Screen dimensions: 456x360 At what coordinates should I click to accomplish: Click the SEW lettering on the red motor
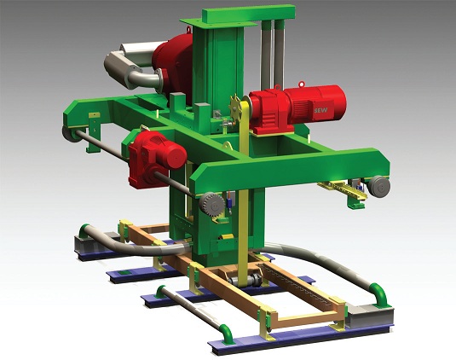320,110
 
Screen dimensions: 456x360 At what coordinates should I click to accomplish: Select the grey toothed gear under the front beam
211,205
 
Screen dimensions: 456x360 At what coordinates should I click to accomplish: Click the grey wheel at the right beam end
378,187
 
